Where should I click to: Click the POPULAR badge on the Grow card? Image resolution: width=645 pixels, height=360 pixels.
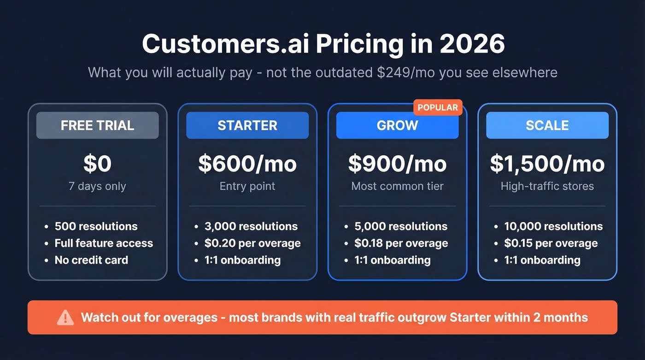[437, 108]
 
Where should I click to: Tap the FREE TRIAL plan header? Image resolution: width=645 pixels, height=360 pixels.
[97, 125]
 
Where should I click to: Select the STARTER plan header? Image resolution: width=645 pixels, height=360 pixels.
[247, 125]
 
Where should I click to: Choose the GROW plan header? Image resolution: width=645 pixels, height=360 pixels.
[397, 125]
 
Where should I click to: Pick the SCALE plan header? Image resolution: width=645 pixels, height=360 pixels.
[547, 125]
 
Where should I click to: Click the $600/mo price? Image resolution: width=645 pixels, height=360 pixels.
[247, 164]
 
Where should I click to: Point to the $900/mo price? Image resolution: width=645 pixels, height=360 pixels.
[397, 164]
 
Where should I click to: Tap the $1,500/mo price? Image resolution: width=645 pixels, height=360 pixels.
[547, 164]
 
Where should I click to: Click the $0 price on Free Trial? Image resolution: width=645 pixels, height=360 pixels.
[97, 164]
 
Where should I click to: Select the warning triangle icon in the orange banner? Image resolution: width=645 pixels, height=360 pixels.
[65, 318]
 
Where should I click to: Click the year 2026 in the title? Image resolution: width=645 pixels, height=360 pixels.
[472, 44]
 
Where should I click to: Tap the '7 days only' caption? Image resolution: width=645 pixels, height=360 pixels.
[97, 186]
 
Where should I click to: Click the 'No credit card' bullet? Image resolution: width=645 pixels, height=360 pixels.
[91, 260]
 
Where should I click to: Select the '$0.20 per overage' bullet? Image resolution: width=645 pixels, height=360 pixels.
[252, 243]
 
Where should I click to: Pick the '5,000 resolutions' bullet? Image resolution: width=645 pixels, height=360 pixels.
[401, 226]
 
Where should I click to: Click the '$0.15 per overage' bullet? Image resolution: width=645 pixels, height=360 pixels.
[551, 243]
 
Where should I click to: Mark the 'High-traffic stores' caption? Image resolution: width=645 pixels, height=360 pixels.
[547, 186]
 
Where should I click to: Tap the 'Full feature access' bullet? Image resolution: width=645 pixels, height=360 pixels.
[104, 243]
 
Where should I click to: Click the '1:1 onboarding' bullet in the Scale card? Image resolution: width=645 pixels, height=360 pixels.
[542, 260]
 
